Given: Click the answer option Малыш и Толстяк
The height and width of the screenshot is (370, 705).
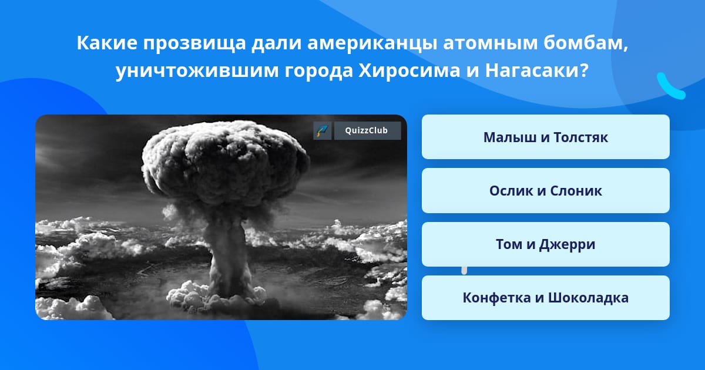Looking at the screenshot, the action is click(x=545, y=137).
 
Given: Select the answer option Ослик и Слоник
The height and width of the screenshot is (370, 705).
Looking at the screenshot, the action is click(x=545, y=190).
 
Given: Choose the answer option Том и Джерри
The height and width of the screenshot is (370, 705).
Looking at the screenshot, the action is click(x=545, y=244).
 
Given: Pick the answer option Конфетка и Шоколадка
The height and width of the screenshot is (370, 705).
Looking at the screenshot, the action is click(x=545, y=298).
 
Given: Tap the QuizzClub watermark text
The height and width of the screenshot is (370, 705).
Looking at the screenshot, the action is click(x=367, y=130).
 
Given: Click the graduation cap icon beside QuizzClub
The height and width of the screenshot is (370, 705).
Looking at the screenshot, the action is click(x=323, y=130).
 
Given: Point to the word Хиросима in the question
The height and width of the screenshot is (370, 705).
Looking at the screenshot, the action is click(x=409, y=70).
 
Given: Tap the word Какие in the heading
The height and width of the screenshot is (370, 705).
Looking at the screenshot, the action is click(x=107, y=43).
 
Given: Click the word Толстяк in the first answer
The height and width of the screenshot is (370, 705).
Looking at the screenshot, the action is click(x=580, y=137).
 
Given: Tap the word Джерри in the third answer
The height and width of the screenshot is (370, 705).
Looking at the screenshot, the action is click(x=567, y=245).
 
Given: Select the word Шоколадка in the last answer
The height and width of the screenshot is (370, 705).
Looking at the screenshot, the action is click(x=589, y=298).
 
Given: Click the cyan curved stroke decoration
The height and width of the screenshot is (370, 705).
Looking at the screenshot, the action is click(x=670, y=87).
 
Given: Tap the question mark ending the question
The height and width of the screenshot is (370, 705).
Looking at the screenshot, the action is click(x=584, y=70).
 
